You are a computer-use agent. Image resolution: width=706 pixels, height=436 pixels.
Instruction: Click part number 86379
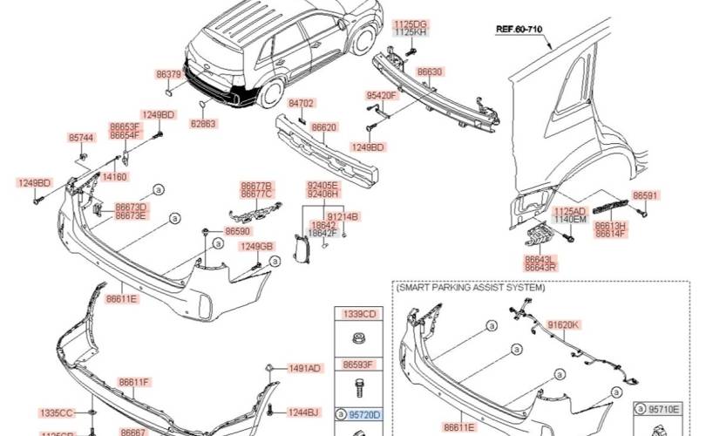[168, 75]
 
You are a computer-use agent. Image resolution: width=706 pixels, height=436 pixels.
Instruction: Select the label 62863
[203, 124]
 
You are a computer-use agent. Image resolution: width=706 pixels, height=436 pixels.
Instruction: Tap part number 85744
[81, 138]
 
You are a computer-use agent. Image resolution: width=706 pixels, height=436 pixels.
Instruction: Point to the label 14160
[115, 176]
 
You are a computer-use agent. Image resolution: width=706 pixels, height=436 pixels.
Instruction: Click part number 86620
[324, 127]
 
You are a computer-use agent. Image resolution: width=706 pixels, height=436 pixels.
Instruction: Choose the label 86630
[431, 72]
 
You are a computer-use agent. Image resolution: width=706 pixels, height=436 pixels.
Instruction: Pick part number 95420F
[381, 95]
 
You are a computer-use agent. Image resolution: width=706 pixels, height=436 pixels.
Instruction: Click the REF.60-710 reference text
[519, 29]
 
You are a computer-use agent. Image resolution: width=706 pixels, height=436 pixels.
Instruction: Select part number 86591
[646, 196]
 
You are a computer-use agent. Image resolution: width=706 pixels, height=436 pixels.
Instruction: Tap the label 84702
[301, 103]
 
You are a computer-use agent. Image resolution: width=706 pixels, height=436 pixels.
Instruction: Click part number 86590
[237, 231]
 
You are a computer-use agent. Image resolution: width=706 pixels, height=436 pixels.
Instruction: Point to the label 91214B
[343, 215]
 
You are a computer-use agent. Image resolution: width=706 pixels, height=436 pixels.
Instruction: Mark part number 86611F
[135, 382]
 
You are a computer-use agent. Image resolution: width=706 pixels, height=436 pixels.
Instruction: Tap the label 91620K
[563, 324]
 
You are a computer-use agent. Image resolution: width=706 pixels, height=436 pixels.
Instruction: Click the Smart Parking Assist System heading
[471, 287]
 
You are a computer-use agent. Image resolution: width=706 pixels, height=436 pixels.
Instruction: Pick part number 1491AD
[305, 368]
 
